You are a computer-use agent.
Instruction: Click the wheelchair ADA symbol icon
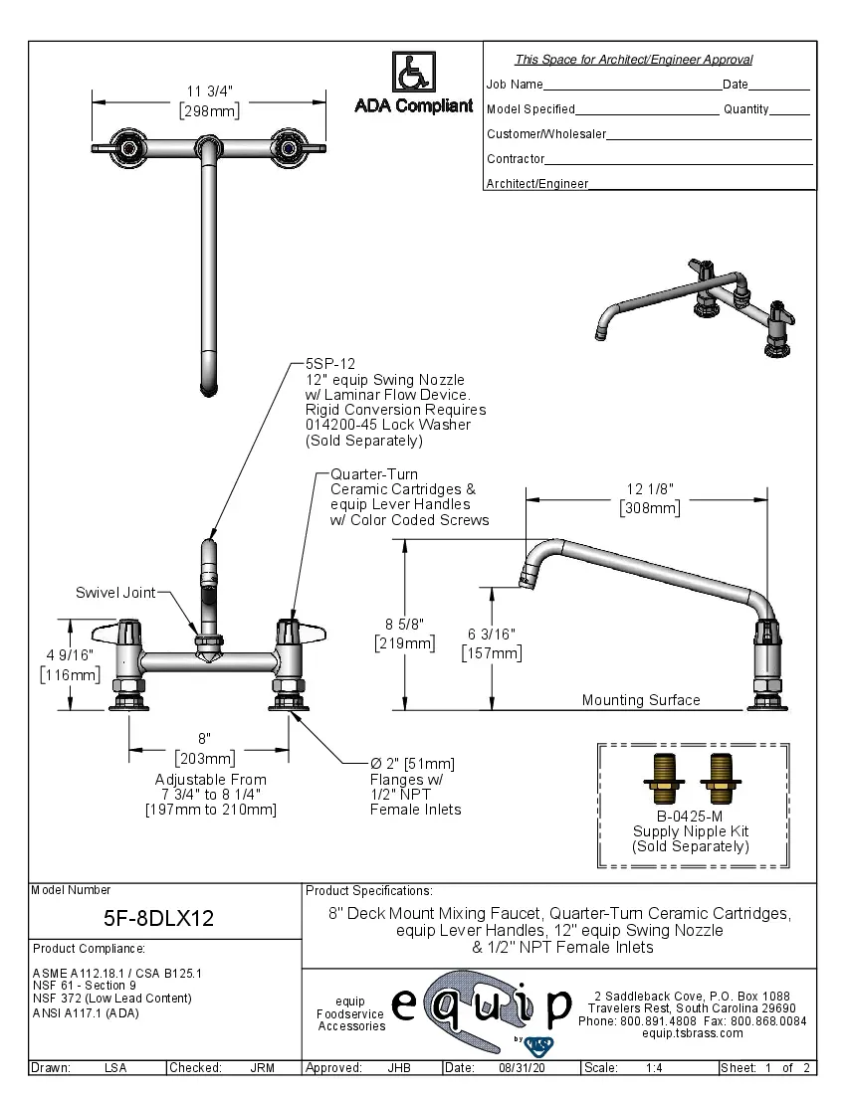click(413, 73)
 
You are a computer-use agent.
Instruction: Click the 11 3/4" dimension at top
click(209, 92)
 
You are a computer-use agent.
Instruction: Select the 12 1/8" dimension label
click(650, 488)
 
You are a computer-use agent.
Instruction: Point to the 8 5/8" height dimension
click(404, 624)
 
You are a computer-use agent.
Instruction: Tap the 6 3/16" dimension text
click(491, 634)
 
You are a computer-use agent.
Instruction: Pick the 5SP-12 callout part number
click(329, 364)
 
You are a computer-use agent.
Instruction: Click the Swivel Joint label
click(115, 593)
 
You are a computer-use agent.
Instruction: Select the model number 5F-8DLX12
click(159, 918)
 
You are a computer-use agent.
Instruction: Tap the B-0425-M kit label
click(691, 817)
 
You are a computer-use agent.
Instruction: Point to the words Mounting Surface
click(641, 700)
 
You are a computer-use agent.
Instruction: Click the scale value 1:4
click(655, 1068)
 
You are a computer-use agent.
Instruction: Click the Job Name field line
click(632, 90)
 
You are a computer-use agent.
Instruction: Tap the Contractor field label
click(516, 159)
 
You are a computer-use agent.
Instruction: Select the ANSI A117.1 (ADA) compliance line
click(86, 1013)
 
